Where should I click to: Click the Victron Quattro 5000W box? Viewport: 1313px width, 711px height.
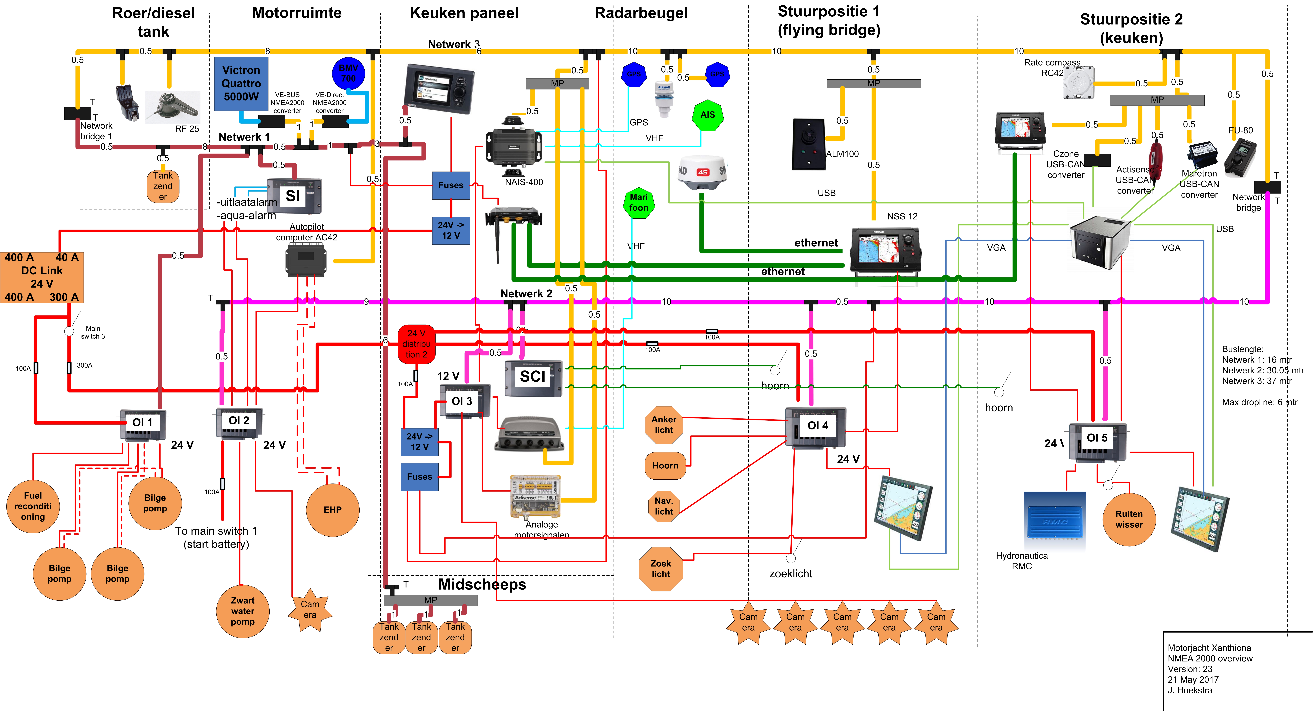[241, 84]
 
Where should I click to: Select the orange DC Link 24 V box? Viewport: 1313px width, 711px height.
[42, 277]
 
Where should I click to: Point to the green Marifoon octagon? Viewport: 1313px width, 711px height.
[639, 202]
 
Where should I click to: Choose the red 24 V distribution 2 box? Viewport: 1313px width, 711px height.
[416, 344]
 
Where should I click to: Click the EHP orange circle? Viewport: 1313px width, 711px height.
[333, 510]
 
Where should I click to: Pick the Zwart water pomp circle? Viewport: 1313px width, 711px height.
[243, 611]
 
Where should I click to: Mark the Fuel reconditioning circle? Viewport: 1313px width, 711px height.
[33, 506]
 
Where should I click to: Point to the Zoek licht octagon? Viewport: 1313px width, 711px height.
[661, 569]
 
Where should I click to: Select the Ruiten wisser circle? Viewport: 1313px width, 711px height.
[1129, 519]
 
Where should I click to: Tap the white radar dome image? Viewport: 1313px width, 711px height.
[702, 172]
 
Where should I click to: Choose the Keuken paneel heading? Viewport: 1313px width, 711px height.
[464, 13]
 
